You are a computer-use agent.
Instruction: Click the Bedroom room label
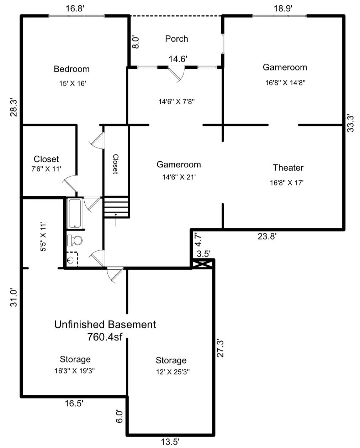coord(72,69)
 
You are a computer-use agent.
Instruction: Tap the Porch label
coord(176,39)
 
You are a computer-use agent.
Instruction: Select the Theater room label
coord(288,168)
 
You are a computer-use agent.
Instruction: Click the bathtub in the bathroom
coord(75,213)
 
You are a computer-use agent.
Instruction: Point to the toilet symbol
coord(75,240)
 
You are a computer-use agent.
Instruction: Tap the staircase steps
coord(116,207)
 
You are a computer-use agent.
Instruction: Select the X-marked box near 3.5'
coord(203,264)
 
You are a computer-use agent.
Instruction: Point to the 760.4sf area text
coord(105,337)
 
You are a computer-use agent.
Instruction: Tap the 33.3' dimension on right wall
coord(351,123)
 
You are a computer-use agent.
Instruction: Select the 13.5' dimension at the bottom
coord(170,442)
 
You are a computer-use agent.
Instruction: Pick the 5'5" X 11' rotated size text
coord(43,237)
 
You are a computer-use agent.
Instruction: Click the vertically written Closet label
coord(116,164)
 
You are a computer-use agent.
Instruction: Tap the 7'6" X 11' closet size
coord(46,169)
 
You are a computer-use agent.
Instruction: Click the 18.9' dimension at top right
coord(283,9)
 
